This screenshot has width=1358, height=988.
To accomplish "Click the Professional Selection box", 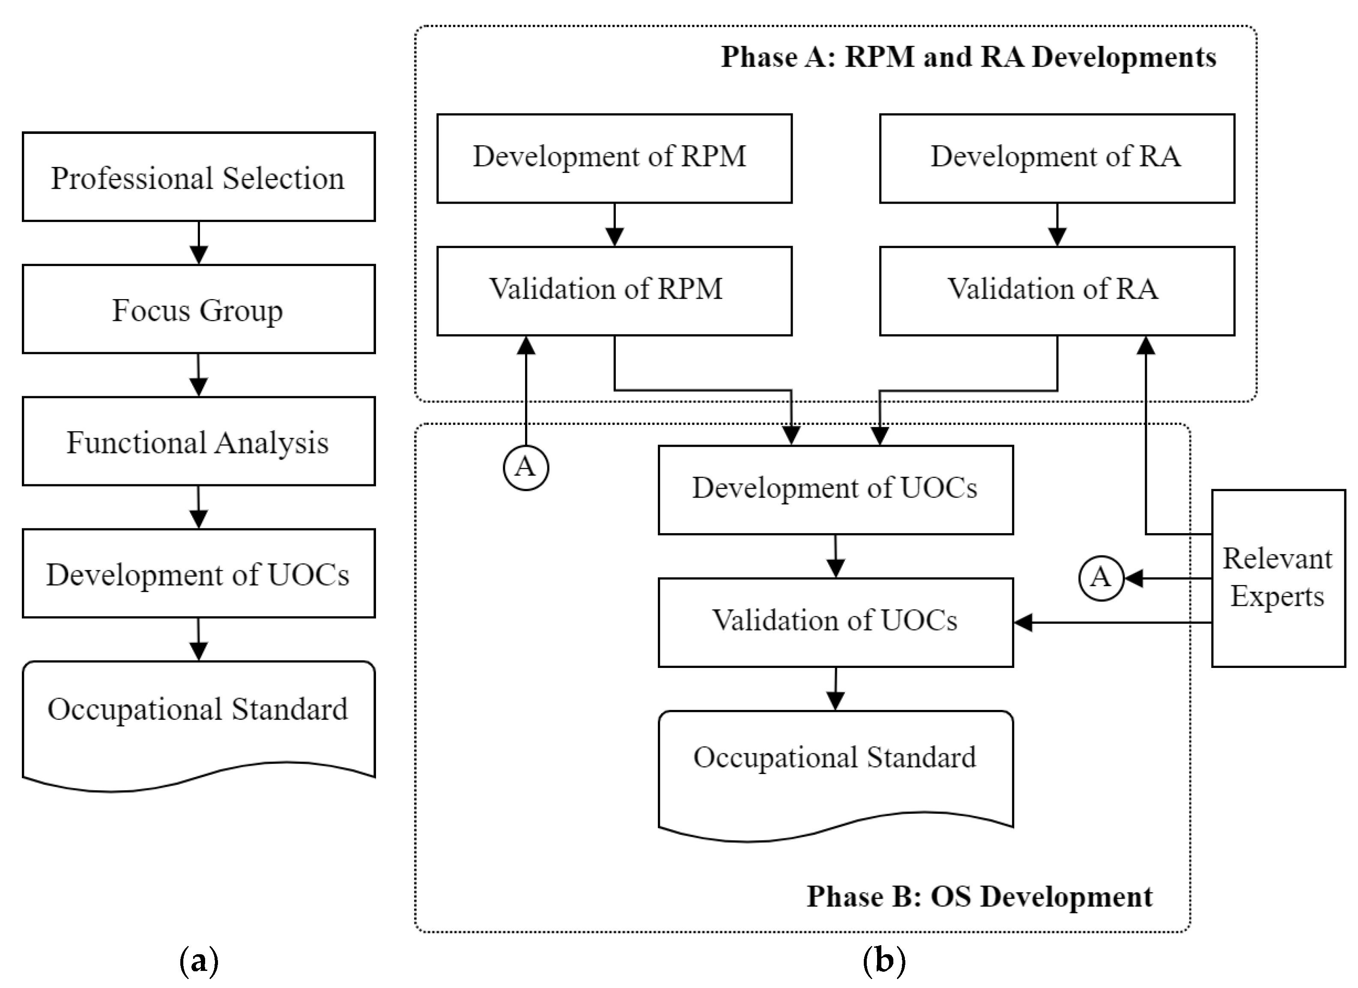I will click(x=199, y=177).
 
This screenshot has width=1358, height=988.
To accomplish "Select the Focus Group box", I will click(x=199, y=309).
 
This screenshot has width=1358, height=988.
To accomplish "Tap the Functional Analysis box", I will click(x=199, y=442).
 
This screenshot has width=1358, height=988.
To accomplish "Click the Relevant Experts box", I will click(x=1278, y=578).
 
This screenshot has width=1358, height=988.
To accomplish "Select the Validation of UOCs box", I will click(x=835, y=622).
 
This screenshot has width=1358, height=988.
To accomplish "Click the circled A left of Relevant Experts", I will click(x=1101, y=578).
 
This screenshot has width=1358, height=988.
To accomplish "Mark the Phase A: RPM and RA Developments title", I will click(x=968, y=57).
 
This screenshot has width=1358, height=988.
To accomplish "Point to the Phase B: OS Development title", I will click(x=979, y=896).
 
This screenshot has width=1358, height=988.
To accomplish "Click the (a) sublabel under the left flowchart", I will click(x=199, y=961).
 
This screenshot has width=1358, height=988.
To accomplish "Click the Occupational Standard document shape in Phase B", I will click(x=835, y=769).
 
